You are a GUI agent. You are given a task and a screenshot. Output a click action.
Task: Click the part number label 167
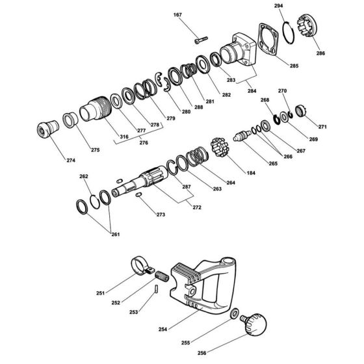[x=178, y=14]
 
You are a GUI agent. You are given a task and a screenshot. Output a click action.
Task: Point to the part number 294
[x=279, y=5]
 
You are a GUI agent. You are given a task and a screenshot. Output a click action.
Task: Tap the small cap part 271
[x=301, y=111]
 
